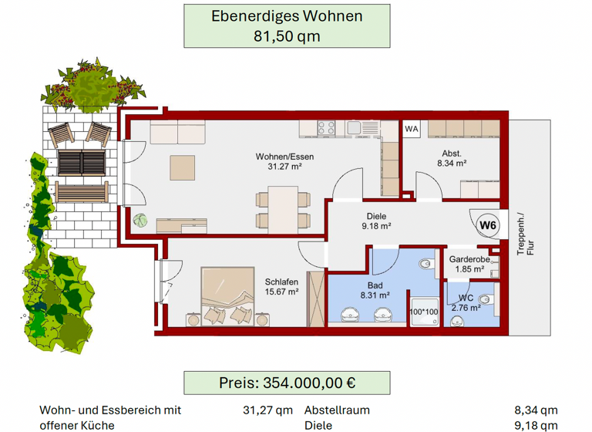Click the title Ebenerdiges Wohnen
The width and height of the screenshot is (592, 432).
[x=287, y=15]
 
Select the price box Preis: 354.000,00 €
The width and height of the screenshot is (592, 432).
[x=287, y=383]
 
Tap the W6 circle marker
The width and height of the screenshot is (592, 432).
[x=487, y=225]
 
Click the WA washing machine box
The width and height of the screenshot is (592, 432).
[x=412, y=129]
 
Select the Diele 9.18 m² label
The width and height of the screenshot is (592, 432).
[x=376, y=221]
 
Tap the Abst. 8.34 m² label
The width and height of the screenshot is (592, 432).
[x=452, y=157]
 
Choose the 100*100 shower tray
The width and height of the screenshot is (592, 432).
[x=423, y=312]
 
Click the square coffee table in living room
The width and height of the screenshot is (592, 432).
[x=183, y=167]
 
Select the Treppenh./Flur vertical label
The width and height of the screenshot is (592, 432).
[x=525, y=233]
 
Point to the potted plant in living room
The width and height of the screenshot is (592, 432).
[x=140, y=221]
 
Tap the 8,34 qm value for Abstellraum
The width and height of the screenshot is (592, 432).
[x=536, y=410]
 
